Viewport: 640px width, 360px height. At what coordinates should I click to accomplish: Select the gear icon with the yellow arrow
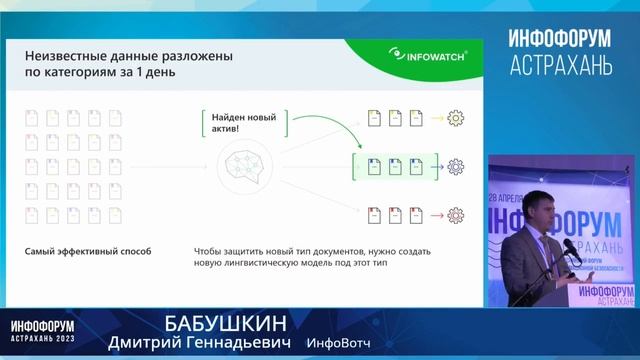click(456, 119)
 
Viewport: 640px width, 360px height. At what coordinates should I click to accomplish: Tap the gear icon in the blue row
click(456, 166)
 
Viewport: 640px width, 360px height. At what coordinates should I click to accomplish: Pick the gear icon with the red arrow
click(456, 213)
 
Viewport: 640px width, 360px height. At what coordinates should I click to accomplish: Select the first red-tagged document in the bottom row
click(371, 213)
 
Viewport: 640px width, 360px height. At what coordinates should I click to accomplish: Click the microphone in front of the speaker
click(570, 247)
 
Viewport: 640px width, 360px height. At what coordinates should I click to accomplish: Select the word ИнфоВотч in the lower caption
click(337, 343)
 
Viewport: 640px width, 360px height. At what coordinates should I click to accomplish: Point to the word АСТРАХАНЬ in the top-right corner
click(560, 67)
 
